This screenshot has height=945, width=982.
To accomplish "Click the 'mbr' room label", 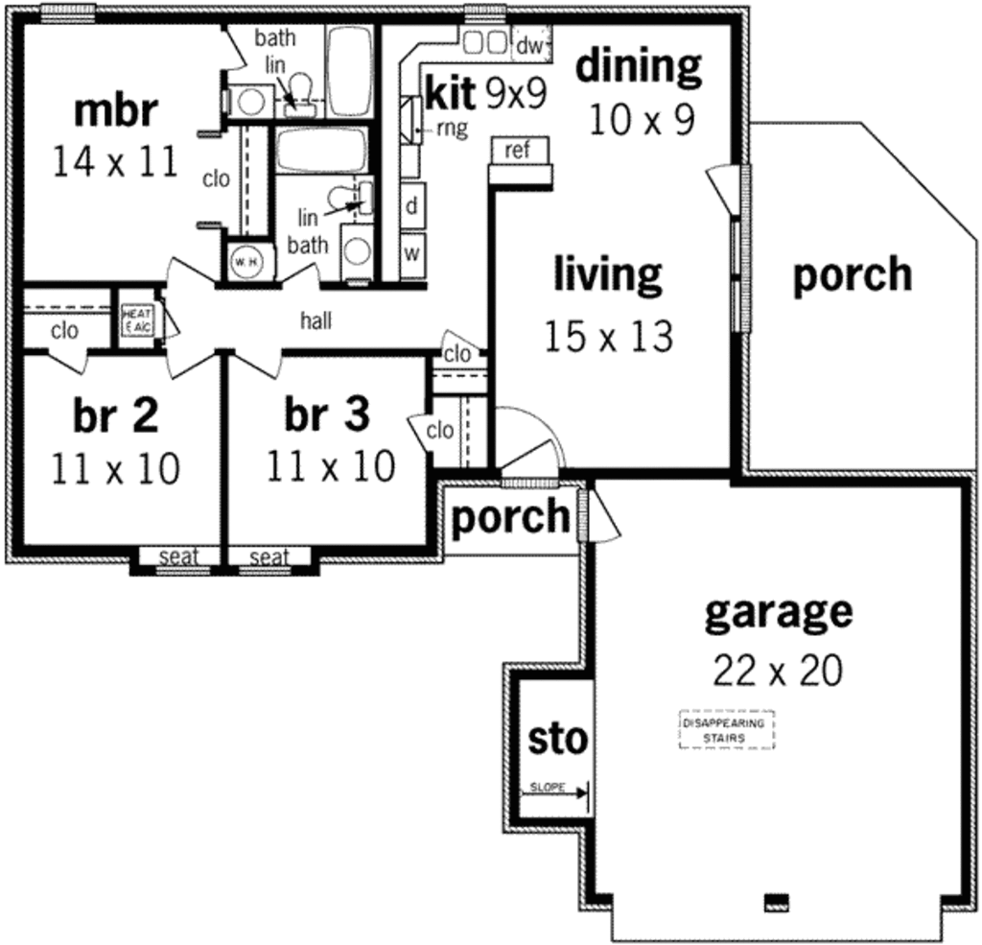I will tap(115, 110).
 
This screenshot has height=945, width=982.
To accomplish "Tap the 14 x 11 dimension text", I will tap(115, 161).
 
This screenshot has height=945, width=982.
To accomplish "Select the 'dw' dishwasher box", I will tap(529, 44).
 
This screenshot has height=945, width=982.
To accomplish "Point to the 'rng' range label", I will tap(452, 128).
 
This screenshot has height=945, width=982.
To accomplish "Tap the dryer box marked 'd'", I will tap(412, 205).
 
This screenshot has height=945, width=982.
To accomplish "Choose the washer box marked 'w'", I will tap(412, 253).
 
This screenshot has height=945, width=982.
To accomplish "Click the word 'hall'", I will tap(316, 321).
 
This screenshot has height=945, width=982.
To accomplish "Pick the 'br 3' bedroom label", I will tap(326, 414).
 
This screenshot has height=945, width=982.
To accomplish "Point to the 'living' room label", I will tap(608, 274).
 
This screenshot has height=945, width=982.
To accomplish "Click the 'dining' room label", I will tap(638, 66).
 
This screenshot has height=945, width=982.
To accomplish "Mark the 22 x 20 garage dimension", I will tap(778, 671).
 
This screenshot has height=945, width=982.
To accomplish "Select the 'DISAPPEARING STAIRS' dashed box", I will tap(726, 731).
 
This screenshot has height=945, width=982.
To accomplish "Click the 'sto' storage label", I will tap(557, 739).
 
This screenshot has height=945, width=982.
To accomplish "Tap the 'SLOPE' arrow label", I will tap(547, 790).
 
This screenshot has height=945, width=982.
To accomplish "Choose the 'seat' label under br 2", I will tap(177, 556).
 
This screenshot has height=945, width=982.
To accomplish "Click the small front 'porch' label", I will tap(510, 517).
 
